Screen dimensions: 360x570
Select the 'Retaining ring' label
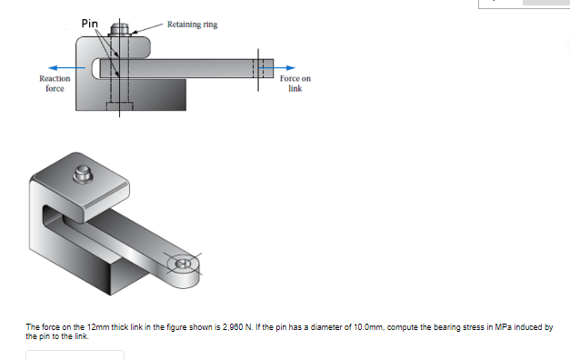192,25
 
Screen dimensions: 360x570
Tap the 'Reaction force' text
55,84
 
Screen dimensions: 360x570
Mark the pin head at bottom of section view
120,107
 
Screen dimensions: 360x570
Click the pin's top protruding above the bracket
120,30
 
